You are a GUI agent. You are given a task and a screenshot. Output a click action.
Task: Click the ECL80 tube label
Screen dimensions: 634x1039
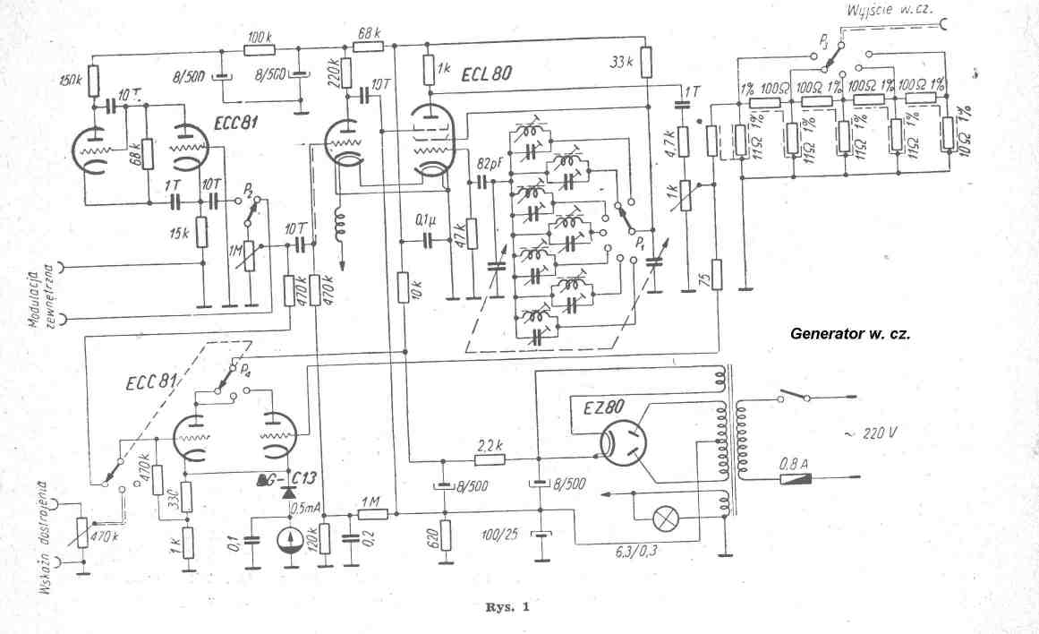488,74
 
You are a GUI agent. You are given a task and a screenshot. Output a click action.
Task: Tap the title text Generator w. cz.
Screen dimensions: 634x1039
848,333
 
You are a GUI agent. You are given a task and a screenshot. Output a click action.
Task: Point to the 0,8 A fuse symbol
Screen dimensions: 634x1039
796,479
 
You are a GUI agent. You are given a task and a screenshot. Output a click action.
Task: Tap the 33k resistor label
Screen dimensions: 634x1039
620,63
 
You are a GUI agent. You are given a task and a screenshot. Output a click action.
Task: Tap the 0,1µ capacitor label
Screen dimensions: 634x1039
427,219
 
